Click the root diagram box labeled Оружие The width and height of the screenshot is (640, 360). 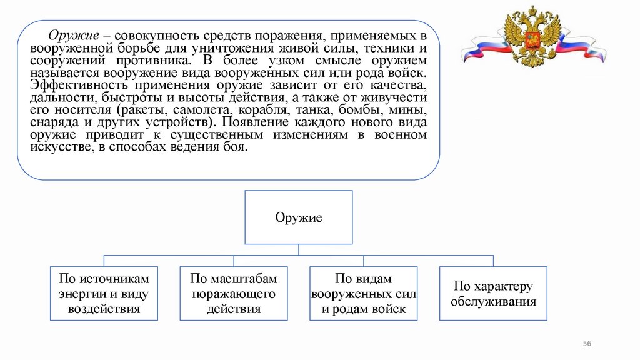pos(299,217)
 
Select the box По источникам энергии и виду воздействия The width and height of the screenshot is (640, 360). pos(104,293)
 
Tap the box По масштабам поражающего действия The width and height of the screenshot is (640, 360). pos(234,293)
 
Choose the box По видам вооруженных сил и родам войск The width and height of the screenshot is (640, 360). pos(364,293)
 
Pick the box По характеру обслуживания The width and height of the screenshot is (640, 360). pos(494,293)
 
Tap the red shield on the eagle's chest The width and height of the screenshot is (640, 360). pos(533,42)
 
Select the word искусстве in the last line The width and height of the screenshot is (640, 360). pos(57,147)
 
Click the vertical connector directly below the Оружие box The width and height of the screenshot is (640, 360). pos(299,249)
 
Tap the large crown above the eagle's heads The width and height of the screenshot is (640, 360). pos(532,11)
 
